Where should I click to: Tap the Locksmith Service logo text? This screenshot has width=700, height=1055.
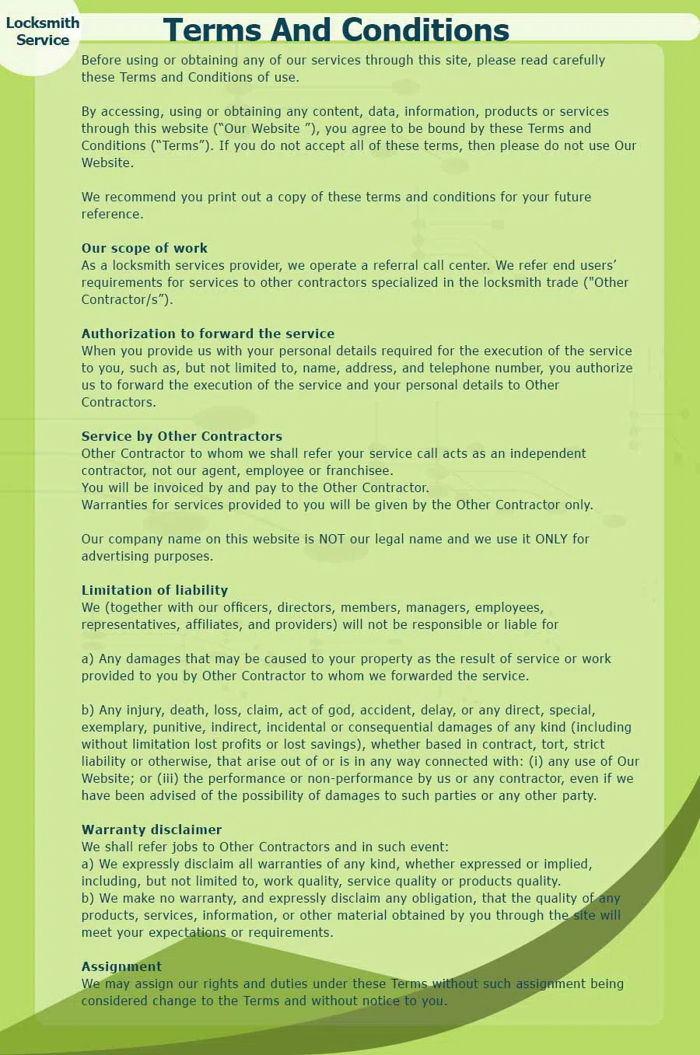tap(43, 31)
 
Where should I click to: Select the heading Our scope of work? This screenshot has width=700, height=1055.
tap(145, 248)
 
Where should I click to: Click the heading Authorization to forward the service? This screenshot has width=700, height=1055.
tap(208, 334)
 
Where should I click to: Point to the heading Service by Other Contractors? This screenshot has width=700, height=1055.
tap(182, 436)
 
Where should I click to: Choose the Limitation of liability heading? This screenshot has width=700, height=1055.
tap(155, 590)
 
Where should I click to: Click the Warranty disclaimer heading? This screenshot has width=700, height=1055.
tap(152, 830)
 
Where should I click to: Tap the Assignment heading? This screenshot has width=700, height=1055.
tap(121, 966)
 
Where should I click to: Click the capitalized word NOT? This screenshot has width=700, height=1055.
tap(332, 539)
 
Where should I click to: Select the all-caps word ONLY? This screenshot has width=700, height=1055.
tap(551, 539)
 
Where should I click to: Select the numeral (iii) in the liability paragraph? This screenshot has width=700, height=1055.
tap(168, 778)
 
